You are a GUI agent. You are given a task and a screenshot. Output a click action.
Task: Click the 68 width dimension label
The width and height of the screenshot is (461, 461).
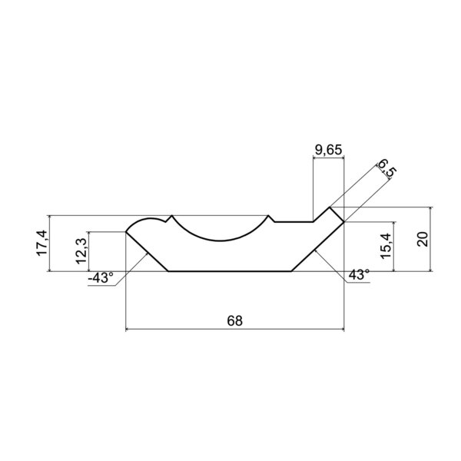click(234, 320)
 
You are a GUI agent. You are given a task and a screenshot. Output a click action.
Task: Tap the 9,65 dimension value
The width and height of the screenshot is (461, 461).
click(328, 150)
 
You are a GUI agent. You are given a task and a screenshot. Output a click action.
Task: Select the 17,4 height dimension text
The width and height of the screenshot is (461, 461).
click(41, 243)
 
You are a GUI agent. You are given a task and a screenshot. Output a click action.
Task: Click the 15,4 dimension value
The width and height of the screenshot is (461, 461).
click(386, 246)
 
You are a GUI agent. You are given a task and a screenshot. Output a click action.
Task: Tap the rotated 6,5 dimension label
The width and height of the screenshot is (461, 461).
click(387, 168)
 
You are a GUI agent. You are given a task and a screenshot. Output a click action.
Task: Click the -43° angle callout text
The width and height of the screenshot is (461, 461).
click(101, 278)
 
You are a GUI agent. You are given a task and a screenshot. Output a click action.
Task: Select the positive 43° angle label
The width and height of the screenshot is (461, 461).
click(359, 275)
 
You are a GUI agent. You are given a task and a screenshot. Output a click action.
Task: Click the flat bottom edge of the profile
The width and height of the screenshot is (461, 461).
click(230, 271)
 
